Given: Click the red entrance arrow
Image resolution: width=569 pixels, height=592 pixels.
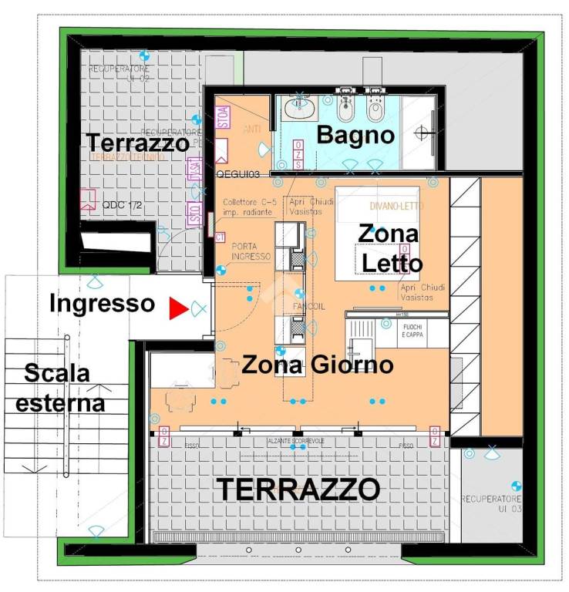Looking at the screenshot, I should point(178,309).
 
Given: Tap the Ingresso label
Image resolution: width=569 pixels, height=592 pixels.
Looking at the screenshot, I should point(102,304).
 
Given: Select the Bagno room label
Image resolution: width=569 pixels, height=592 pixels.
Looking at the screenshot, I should point(356,136).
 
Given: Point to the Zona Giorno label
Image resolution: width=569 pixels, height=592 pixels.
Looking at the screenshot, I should point(318,365).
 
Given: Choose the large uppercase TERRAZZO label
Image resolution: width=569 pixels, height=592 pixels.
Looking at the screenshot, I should point(298,489).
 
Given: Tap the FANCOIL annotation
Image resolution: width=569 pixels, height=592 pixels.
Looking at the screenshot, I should point(309,306).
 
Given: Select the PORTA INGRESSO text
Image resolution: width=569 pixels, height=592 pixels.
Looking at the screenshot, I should point(251,251).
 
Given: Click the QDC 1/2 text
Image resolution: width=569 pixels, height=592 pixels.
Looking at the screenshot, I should point(120,206).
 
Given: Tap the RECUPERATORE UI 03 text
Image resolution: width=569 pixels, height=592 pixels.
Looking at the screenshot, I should point(491,504).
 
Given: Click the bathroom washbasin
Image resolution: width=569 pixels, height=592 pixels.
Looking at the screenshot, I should point(298,109).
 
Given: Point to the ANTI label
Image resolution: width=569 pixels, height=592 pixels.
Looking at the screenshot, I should point(252,129).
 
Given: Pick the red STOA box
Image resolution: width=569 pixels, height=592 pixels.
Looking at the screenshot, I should point(223,117).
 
